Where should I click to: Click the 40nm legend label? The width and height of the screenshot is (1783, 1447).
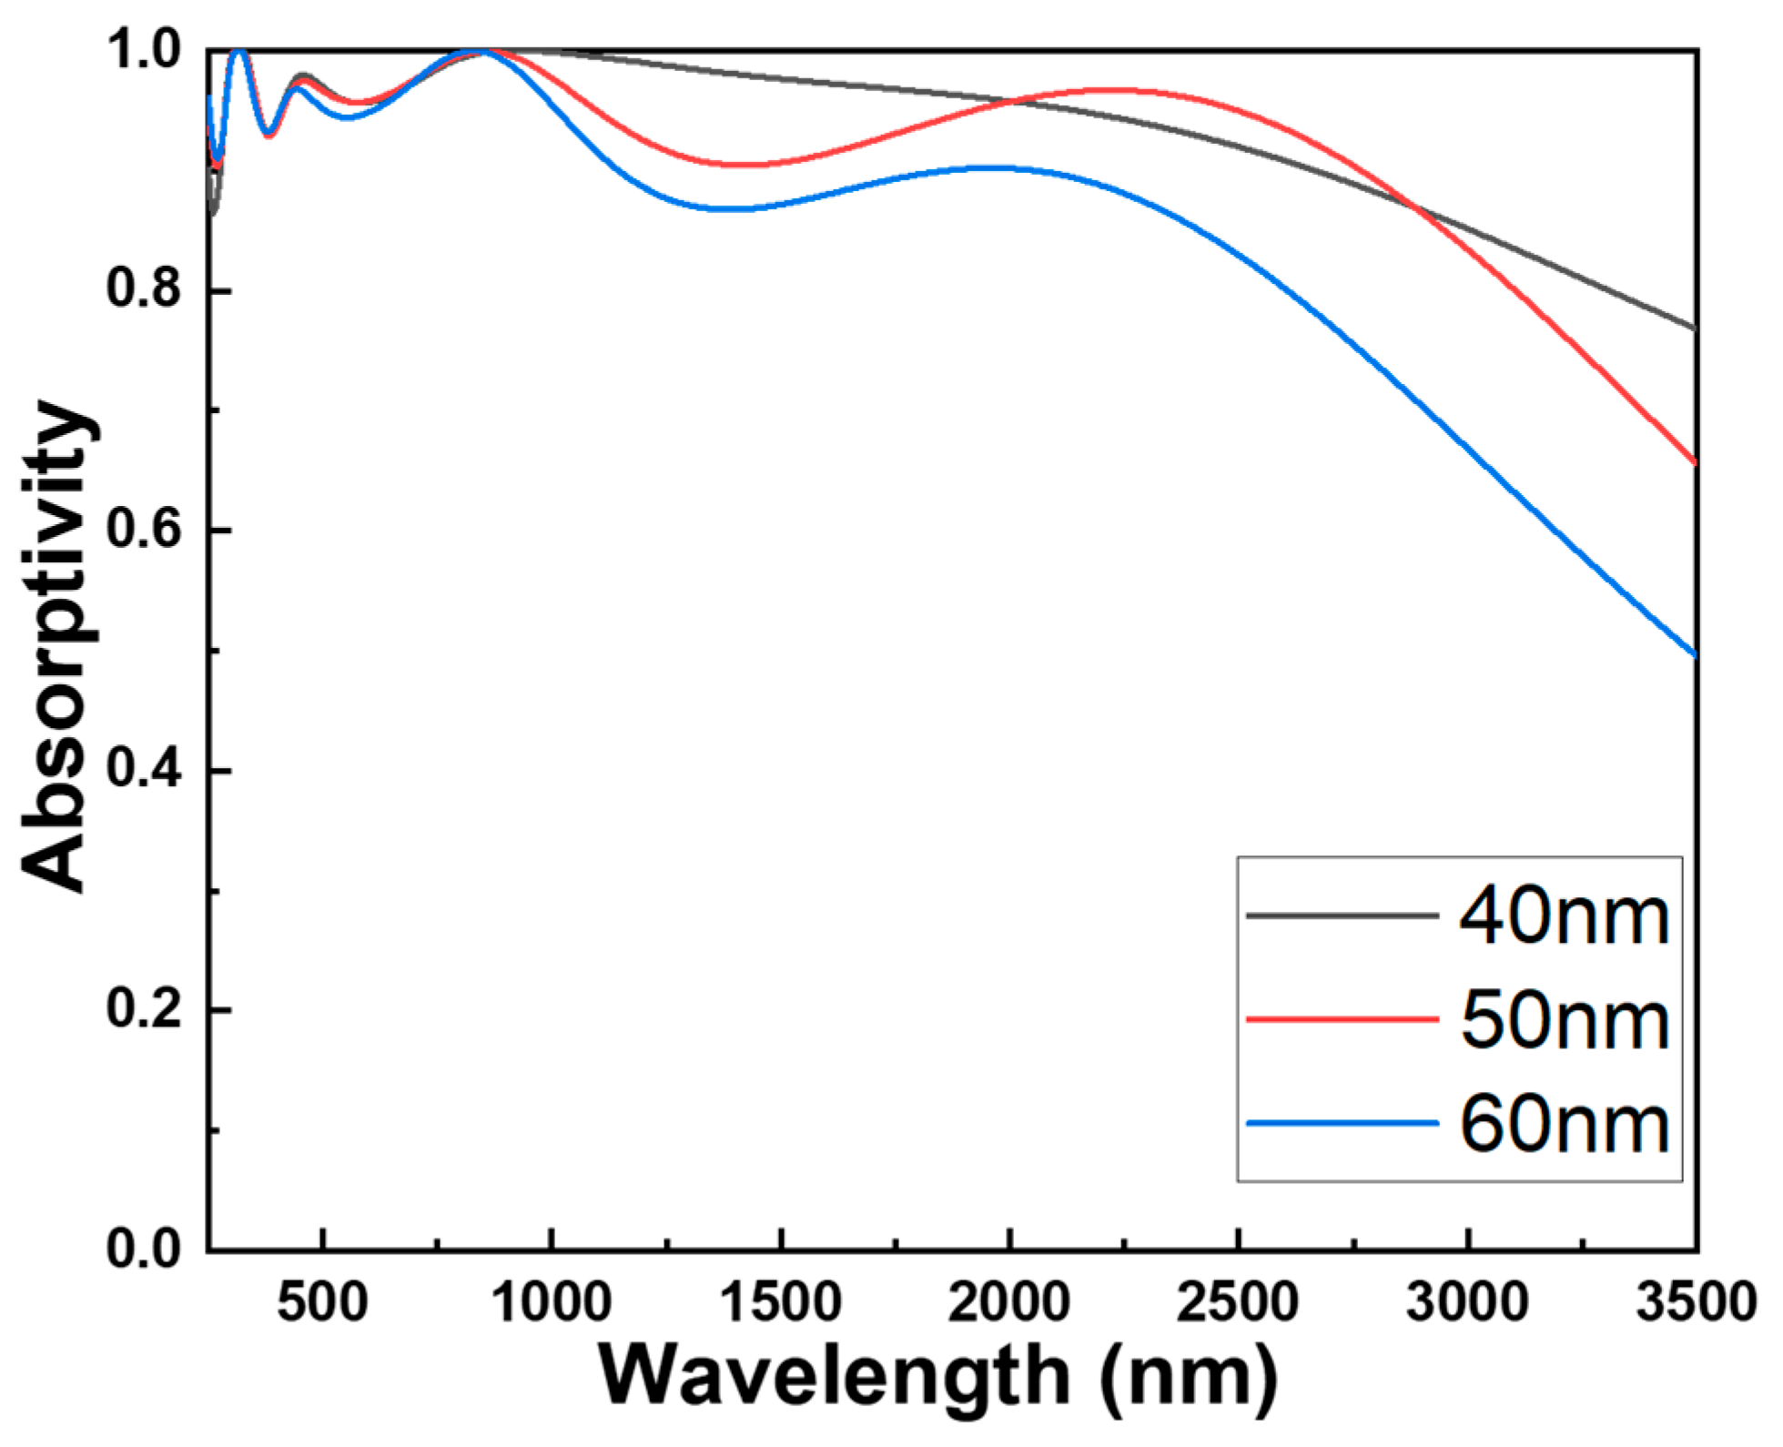point(1564,916)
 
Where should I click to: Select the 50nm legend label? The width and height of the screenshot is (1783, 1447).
point(1564,1020)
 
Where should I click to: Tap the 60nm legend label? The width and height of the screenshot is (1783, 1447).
point(1564,1125)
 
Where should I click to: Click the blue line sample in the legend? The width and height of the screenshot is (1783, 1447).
point(1342,1124)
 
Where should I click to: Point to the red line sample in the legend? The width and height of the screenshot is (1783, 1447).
point(1342,1019)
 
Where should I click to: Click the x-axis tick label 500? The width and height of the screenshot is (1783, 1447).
point(323,1302)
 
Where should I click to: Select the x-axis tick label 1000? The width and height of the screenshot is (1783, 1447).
point(552,1302)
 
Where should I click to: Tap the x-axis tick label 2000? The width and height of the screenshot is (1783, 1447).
point(1009,1302)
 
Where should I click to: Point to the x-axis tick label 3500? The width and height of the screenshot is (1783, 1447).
point(1695,1302)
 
